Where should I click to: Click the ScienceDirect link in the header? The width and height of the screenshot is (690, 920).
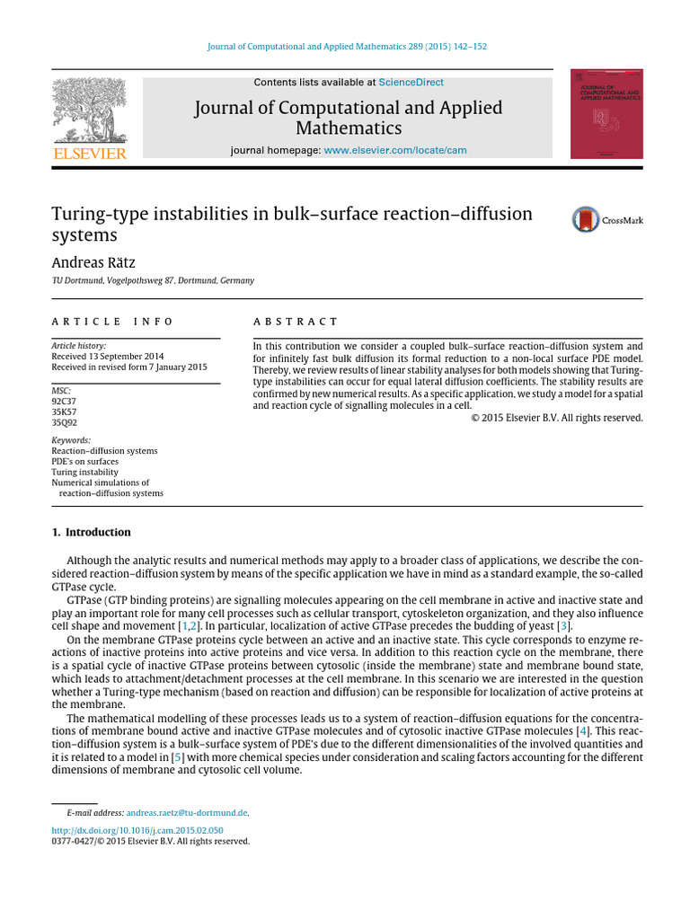[411, 83]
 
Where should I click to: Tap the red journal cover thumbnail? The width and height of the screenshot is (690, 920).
[606, 114]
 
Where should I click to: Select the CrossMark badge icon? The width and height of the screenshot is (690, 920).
[586, 220]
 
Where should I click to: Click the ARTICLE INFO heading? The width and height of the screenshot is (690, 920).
[112, 321]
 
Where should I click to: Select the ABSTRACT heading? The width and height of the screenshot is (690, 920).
[296, 321]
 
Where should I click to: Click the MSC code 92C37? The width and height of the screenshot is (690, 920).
[65, 402]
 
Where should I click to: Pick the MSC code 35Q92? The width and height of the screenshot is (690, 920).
[65, 422]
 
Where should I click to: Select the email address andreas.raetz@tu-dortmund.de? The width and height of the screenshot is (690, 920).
[187, 812]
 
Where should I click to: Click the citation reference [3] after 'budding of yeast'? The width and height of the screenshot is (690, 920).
[563, 626]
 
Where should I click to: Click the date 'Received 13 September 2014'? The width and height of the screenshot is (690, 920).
[107, 356]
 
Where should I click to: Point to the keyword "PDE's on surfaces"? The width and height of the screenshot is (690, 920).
[84, 461]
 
